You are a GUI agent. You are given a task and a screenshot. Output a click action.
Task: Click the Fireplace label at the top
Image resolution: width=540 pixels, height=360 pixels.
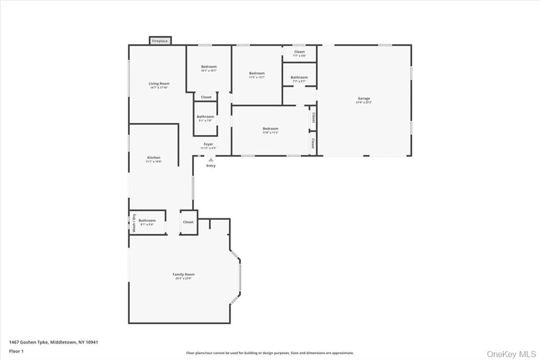160,41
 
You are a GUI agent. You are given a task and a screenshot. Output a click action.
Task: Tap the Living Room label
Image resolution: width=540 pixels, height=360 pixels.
159,84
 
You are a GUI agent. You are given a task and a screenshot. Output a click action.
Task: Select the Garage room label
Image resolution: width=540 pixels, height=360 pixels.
364,98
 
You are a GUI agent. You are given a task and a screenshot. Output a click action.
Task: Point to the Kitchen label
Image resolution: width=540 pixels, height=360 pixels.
154,158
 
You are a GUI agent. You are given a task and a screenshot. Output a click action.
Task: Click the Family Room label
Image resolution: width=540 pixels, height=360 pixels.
183,274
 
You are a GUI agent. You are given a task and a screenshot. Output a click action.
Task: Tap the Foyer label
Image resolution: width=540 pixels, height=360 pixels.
208,144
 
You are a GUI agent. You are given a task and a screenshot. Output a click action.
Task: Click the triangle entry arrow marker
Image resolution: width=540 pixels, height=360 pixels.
211,160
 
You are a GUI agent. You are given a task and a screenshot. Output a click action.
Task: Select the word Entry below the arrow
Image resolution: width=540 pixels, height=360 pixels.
211,166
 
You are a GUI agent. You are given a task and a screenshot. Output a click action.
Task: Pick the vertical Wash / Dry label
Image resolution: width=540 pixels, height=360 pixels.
134,223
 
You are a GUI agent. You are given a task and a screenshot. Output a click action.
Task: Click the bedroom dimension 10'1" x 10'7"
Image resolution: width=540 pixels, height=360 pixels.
209,71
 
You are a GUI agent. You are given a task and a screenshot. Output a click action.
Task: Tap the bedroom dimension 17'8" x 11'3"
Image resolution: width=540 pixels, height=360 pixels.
270,133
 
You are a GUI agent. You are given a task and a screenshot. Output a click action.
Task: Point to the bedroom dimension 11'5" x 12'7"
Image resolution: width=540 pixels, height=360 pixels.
257,78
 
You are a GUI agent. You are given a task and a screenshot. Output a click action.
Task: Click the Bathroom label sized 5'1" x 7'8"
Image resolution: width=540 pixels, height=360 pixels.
205,117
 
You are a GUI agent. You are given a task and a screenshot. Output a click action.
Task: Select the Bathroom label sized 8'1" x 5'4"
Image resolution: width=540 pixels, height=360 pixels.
147,221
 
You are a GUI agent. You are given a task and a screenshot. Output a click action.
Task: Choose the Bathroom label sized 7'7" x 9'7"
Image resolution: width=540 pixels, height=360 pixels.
299,78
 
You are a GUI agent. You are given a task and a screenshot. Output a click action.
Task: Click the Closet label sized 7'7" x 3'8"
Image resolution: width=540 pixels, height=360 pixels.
299,52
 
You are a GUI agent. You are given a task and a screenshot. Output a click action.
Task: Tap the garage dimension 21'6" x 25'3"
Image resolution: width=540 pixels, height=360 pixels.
364,102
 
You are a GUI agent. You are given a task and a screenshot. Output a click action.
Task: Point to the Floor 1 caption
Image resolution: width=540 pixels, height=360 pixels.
16,351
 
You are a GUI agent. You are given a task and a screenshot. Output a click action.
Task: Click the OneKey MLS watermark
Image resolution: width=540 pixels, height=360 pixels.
512,354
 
